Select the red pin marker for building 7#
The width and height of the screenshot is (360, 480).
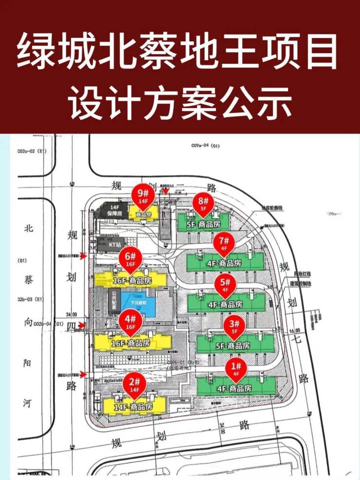(224, 242)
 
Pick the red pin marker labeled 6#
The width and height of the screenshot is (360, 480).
(130, 258)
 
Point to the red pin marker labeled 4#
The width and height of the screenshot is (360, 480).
(130, 321)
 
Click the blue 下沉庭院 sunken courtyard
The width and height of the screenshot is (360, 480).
(140, 304)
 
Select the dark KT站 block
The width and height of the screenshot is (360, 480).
(114, 244)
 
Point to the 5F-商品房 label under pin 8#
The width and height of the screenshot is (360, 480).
(204, 224)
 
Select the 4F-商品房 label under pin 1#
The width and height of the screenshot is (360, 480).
(234, 388)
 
